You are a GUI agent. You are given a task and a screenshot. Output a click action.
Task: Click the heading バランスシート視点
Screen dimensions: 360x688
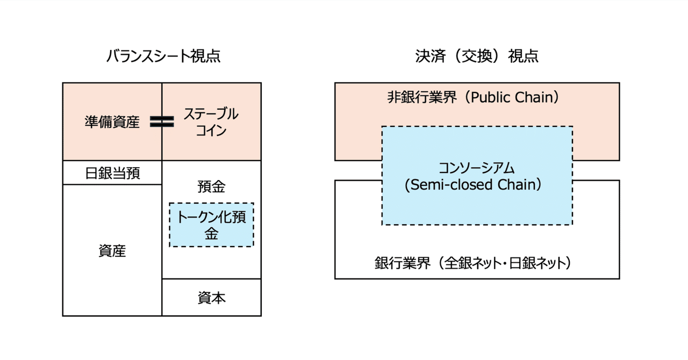point(163,56)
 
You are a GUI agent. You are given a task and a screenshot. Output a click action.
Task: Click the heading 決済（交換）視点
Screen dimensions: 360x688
point(477,56)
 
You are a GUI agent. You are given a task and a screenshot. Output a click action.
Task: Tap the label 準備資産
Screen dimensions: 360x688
point(112,123)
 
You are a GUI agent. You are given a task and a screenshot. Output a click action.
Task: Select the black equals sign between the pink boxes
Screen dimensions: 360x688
point(162,122)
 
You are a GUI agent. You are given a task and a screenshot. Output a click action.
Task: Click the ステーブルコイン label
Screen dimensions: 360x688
point(211,122)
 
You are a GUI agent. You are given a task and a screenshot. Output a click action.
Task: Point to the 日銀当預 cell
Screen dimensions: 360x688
point(112,174)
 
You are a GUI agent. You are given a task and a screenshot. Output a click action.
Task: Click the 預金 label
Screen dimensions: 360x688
point(211,187)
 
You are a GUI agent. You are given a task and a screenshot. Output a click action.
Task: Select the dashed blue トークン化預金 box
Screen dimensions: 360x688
point(211,225)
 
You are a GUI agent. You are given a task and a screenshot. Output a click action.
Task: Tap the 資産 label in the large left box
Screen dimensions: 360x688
point(112,250)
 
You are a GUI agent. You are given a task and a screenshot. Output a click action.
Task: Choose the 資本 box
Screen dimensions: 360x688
point(211,298)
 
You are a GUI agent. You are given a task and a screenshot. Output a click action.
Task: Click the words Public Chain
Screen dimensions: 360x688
point(516,98)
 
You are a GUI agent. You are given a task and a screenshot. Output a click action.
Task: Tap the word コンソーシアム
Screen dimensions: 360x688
point(477,168)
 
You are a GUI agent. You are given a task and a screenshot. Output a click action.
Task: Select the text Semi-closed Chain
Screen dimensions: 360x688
point(476,185)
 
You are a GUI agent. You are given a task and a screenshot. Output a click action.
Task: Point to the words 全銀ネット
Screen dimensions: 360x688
point(475,264)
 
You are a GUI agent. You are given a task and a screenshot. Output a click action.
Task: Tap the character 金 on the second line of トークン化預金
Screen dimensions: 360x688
point(211,234)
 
